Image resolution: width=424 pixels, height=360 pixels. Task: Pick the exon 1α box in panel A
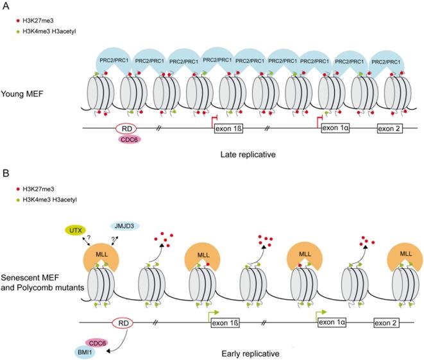[x=337, y=128]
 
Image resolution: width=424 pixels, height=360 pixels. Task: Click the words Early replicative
[x=262, y=352]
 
